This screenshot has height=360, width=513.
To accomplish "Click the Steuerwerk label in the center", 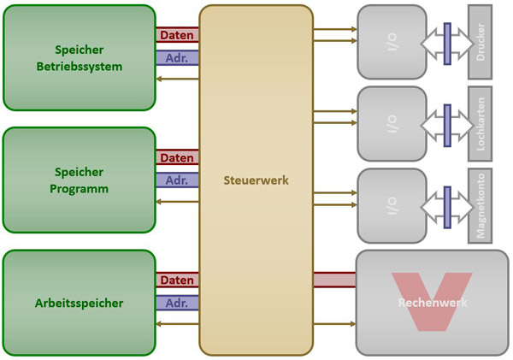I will point(256,180).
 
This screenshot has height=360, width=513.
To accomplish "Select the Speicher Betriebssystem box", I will point(80,57).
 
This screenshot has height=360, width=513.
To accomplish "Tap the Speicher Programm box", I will point(80,180).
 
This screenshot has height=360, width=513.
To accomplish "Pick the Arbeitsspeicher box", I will point(80,303).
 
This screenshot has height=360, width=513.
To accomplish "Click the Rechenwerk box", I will point(431,303).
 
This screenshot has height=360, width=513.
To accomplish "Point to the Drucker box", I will point(481,40).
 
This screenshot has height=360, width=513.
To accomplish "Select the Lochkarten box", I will point(481,123).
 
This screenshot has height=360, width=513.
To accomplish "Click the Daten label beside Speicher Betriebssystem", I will point(177,35).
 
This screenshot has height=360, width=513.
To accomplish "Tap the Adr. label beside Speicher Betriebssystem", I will point(177,59).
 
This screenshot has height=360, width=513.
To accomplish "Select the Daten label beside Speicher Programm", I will point(177,158).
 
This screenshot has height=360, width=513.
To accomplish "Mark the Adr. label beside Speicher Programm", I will point(177,181).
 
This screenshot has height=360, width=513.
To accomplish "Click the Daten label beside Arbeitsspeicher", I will point(177,280).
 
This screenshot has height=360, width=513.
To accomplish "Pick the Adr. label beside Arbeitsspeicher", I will point(177,304).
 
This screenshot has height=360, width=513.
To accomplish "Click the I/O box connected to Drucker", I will point(391,40).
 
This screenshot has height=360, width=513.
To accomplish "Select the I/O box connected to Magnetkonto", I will point(391,204).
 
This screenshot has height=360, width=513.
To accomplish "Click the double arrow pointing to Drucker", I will point(446,40).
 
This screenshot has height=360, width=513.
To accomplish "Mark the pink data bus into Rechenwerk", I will point(334,280).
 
